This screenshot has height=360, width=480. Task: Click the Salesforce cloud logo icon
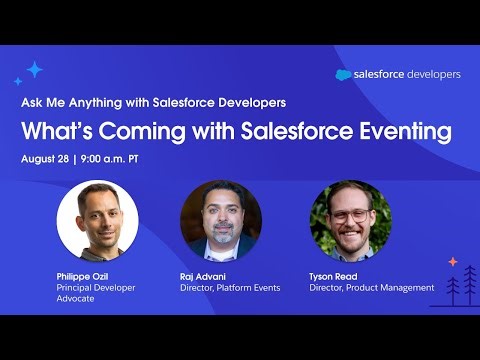click(344, 75)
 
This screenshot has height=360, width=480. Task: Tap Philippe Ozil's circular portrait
click(97, 221)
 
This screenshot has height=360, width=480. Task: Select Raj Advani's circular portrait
click(221, 221)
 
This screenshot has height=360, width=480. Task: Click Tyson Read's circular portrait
click(350, 221)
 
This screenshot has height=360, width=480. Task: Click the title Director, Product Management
click(372, 288)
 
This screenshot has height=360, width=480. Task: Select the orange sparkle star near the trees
click(452, 262)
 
